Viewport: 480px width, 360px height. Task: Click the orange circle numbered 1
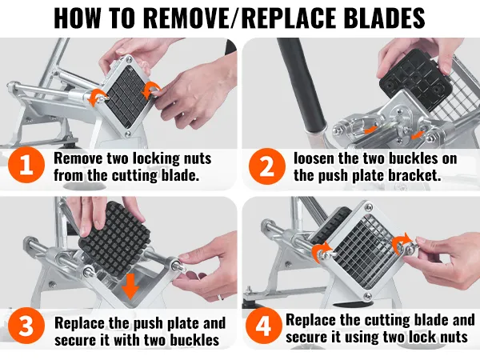26,165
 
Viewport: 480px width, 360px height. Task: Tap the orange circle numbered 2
266,166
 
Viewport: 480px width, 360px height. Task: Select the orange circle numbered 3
26,326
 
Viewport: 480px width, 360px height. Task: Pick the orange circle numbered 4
263,326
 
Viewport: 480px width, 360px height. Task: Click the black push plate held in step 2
416,80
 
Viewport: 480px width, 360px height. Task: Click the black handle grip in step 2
302,86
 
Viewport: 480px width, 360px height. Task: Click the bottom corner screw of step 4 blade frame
367,296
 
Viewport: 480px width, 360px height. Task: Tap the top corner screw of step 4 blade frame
368,207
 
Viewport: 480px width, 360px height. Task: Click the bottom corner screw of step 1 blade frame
128,134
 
